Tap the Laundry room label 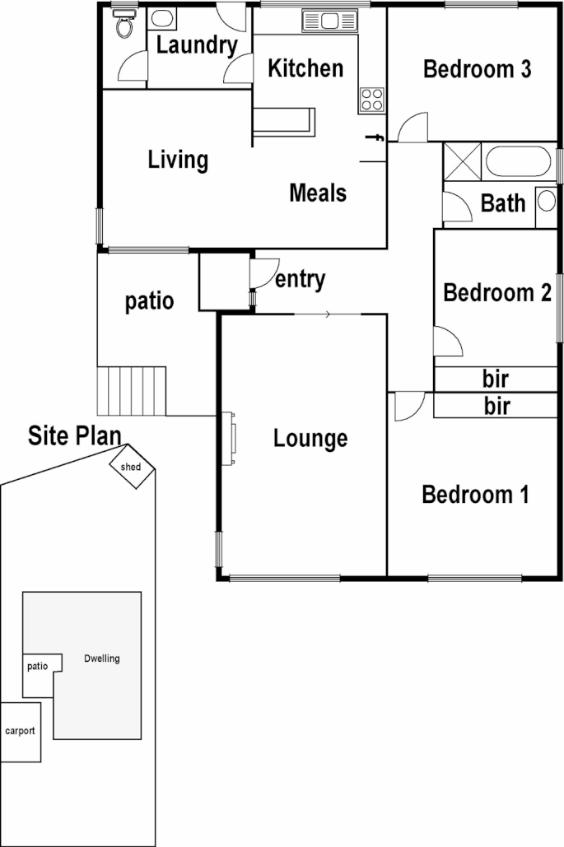(197, 46)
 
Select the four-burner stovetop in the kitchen (372, 100)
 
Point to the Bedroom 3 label (477, 69)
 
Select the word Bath (503, 202)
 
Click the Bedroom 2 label (496, 293)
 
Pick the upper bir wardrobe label (495, 379)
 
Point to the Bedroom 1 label (475, 495)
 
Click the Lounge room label (310, 439)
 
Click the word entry (300, 280)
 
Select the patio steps (132, 392)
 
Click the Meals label (318, 193)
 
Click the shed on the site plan (132, 467)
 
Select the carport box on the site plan (20, 731)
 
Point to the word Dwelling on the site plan (102, 659)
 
